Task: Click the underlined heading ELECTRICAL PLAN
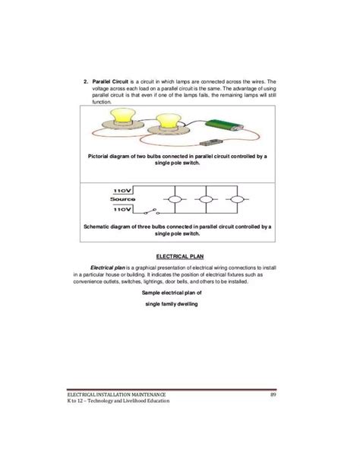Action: [180, 256]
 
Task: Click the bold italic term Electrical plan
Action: [111, 268]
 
